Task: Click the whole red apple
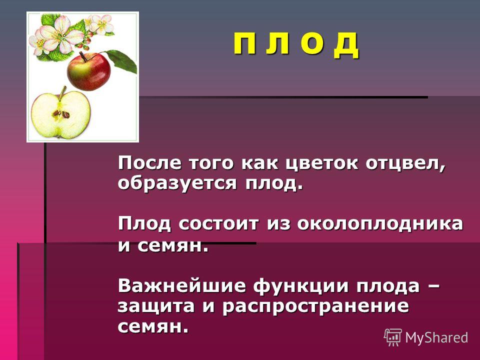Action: point(89,71)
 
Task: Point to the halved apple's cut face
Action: point(61,114)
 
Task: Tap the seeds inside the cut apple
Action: point(61,114)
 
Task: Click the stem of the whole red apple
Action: point(83,56)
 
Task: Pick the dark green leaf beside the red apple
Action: point(122,60)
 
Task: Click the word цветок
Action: point(321,163)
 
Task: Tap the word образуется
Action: point(177,183)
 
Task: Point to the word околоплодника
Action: point(380,224)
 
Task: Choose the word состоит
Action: point(218,224)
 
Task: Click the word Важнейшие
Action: point(182,286)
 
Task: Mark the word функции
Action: point(301,286)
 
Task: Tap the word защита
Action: point(156,307)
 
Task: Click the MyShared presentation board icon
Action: point(393,337)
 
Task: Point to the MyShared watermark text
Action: point(436,337)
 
